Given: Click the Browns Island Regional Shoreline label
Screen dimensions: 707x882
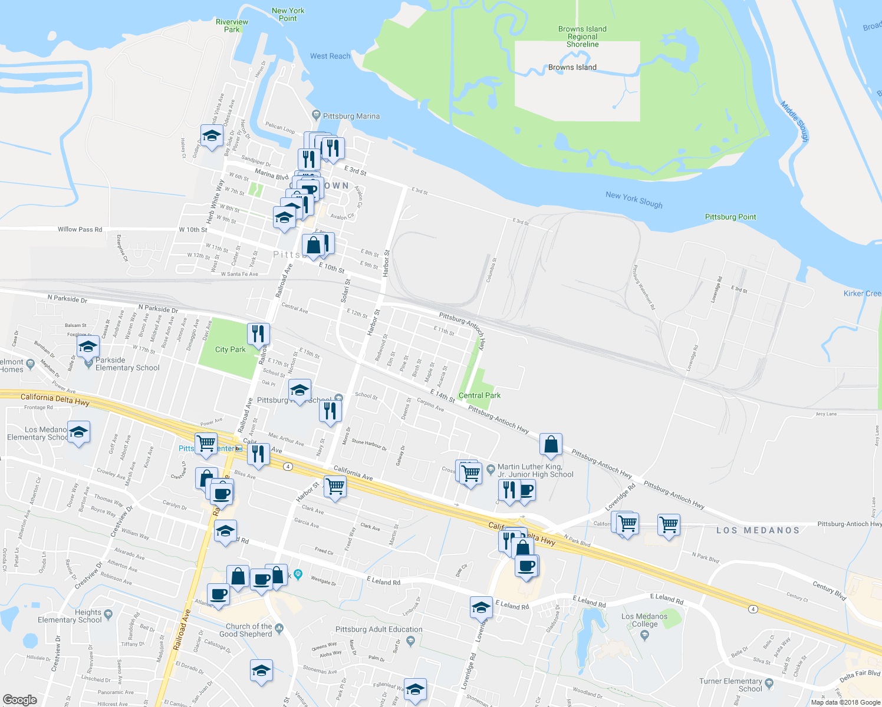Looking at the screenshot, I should click(582, 37).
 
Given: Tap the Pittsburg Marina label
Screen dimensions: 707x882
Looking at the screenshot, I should click(351, 116).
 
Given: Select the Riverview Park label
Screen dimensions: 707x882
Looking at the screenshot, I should click(232, 25).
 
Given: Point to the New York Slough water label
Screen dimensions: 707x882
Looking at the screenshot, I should click(634, 200).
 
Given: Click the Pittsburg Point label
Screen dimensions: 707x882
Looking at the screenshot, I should click(730, 217).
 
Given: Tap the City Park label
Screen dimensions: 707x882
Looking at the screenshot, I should click(230, 349).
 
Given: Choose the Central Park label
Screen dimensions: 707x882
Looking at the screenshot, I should click(479, 395).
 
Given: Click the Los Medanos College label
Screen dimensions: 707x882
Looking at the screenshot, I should click(644, 620).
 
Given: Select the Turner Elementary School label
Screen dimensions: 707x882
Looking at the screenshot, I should click(730, 685).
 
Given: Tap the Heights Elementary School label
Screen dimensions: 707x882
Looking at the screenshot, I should click(70, 616).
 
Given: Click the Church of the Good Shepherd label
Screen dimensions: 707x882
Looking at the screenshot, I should click(249, 630).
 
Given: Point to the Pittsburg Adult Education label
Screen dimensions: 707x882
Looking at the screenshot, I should click(379, 629).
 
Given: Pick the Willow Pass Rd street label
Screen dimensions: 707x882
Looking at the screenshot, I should click(80, 229).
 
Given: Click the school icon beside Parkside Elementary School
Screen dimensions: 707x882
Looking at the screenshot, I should click(88, 347).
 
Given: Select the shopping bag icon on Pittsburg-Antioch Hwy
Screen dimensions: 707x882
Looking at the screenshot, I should click(551, 445).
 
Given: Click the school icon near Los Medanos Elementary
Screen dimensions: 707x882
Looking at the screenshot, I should click(79, 432).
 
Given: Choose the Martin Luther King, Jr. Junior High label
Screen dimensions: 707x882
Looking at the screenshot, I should click(535, 470).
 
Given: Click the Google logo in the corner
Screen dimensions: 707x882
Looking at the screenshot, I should click(19, 699).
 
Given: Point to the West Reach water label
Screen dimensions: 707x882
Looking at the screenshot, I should click(330, 56).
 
